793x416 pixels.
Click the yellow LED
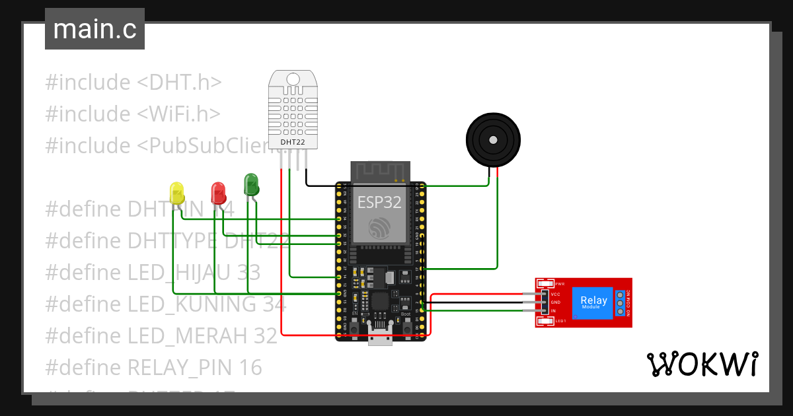tap(177, 192)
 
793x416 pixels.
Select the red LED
tap(218, 192)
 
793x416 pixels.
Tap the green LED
tap(251, 184)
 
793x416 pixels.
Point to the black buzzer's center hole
tap(492, 139)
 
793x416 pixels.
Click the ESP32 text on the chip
tap(379, 203)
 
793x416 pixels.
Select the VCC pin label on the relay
tap(555, 294)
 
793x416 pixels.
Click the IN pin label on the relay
tap(553, 310)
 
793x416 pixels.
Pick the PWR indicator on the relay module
tap(546, 283)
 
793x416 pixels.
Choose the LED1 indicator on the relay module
tap(546, 322)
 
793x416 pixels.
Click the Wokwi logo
tap(701, 364)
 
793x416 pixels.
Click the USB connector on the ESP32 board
tap(380, 337)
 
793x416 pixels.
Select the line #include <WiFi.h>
tap(132, 114)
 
